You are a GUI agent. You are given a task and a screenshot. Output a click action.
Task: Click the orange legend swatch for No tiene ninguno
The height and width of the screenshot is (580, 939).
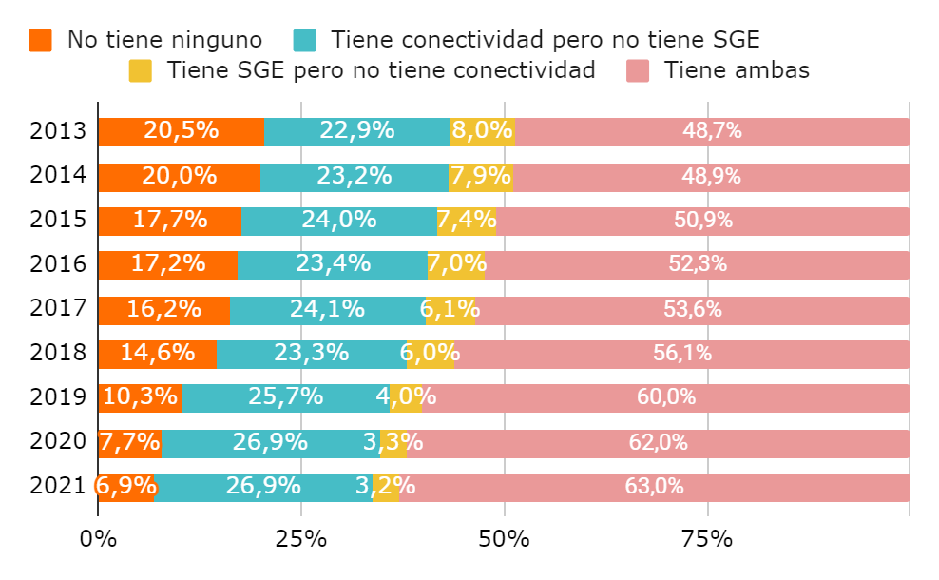[40, 40]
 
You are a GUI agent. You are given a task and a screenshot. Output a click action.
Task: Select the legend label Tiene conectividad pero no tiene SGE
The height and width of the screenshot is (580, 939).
[545, 40]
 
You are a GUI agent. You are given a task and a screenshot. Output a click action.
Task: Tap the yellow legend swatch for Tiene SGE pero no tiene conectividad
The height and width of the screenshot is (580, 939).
[140, 70]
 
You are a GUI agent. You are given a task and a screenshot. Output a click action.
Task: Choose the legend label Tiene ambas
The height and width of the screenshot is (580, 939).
[737, 70]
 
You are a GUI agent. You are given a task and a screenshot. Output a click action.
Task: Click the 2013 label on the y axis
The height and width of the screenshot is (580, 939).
[58, 131]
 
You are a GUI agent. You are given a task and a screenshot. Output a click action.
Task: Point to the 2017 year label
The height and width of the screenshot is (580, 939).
[58, 309]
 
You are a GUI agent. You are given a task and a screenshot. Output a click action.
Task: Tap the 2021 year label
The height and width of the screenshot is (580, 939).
[58, 487]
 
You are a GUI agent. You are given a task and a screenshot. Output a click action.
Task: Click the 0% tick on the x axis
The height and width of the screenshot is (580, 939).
[98, 539]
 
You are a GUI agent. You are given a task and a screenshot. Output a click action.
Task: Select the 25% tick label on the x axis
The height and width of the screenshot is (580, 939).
[301, 539]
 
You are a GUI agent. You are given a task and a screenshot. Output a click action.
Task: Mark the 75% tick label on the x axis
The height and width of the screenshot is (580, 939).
[707, 539]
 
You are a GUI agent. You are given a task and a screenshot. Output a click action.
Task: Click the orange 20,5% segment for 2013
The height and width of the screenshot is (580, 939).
[181, 131]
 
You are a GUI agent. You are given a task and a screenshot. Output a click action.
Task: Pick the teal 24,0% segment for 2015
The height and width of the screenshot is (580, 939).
[338, 221]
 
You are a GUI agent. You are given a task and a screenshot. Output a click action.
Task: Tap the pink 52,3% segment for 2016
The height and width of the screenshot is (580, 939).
[697, 265]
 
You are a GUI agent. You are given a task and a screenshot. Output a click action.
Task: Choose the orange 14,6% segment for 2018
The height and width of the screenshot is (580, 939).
[157, 354]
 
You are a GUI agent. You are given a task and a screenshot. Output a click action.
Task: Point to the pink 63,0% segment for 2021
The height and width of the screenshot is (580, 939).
[654, 487]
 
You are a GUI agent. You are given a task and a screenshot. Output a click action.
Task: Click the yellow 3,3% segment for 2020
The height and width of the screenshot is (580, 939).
[393, 442]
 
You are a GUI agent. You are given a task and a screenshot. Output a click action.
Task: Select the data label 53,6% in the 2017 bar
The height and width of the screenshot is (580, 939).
[692, 309]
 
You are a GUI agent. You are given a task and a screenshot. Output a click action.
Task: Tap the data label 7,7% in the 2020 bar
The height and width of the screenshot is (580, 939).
[129, 442]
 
